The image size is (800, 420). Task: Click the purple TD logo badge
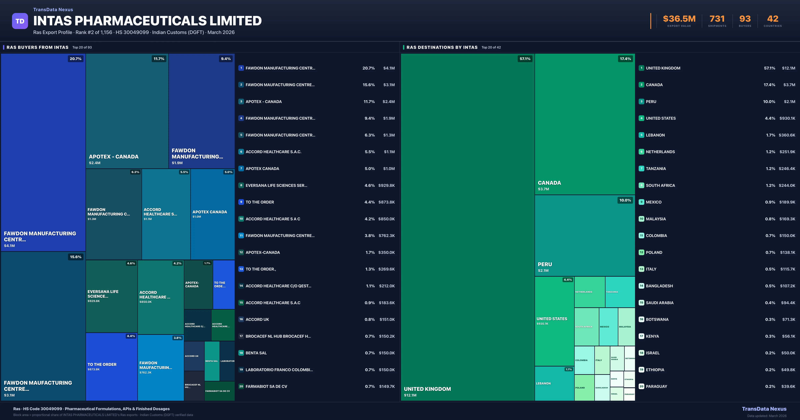[20, 21]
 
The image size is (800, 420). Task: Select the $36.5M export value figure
[679, 19]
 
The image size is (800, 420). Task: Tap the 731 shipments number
[717, 19]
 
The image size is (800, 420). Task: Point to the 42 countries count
[773, 19]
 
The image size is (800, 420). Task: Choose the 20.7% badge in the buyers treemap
[75, 59]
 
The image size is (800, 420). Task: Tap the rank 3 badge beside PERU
[641, 101]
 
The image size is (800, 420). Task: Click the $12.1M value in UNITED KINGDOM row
[788, 68]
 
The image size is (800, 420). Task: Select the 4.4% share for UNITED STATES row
[770, 118]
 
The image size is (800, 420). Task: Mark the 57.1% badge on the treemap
[525, 59]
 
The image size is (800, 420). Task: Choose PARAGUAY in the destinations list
[656, 386]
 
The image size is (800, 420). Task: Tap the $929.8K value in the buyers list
[386, 185]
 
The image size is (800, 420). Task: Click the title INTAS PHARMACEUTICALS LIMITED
[147, 21]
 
